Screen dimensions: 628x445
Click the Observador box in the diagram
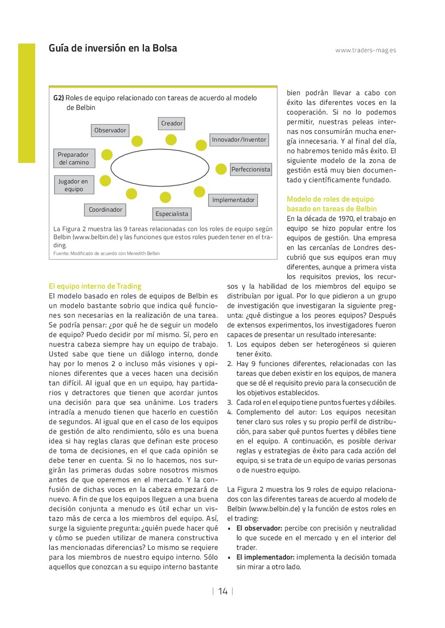pyautogui.click(x=110, y=130)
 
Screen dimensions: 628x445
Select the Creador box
pyautogui.click(x=172, y=123)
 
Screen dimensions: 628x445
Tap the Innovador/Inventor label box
pyautogui.click(x=239, y=140)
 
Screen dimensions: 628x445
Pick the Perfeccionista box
pyautogui.click(x=251, y=169)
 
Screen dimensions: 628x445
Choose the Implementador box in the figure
pyautogui.click(x=233, y=200)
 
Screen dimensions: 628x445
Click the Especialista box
pyautogui.click(x=172, y=214)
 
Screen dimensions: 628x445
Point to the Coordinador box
pyautogui.click(x=105, y=210)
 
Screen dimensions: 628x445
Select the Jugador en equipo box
pyautogui.click(x=73, y=185)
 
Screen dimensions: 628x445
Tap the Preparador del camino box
pyautogui.click(x=73, y=159)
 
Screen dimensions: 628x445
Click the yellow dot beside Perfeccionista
pyautogui.click(x=221, y=169)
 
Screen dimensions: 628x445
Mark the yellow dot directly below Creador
pyautogui.click(x=171, y=140)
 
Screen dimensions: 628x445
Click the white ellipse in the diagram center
pyautogui.click(x=159, y=168)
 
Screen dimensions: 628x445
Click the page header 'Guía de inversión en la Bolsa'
pyautogui.click(x=113, y=48)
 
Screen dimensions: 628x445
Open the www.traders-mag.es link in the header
pyautogui.click(x=365, y=50)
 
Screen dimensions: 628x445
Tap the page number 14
pyautogui.click(x=223, y=591)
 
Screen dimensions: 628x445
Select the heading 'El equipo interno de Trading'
pyautogui.click(x=95, y=286)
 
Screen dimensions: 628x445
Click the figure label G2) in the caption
pyautogui.click(x=59, y=98)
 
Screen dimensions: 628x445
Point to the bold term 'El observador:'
pyautogui.click(x=259, y=528)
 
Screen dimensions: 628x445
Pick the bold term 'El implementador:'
pyautogui.click(x=265, y=558)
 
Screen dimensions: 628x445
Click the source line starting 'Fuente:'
pyautogui.click(x=106, y=253)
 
